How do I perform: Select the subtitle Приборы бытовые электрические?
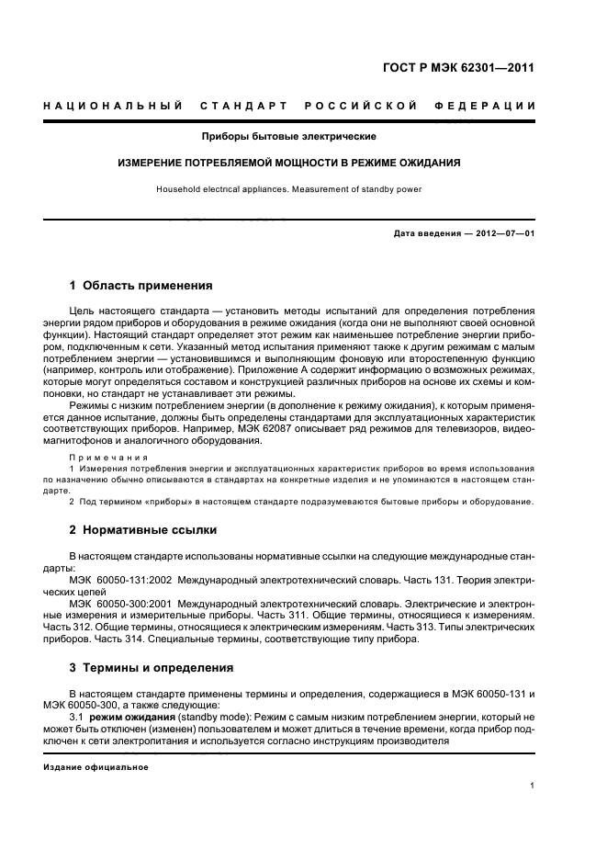289,137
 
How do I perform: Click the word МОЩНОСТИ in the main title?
301,163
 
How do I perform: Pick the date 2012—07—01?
502,233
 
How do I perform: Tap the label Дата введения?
427,233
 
